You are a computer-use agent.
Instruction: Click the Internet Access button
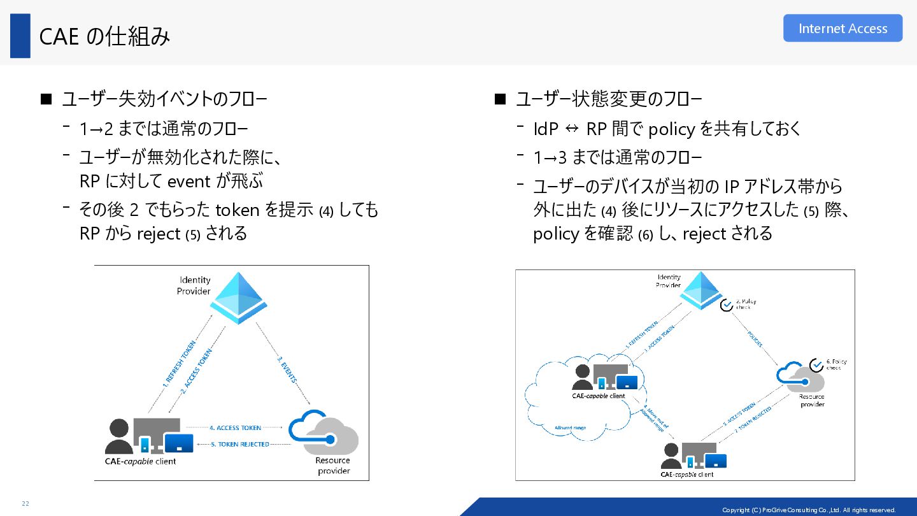tap(842, 29)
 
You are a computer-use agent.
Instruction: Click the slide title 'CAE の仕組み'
tap(105, 37)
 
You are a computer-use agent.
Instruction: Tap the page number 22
tap(25, 504)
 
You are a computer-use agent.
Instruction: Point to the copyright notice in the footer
tap(808, 510)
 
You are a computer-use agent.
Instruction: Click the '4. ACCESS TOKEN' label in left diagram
tap(235, 428)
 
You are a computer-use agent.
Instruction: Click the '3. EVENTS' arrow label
tap(287, 369)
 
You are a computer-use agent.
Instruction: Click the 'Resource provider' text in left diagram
tap(333, 466)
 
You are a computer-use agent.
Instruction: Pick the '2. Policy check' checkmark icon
tap(727, 305)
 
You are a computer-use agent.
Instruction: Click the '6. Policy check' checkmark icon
tap(816, 365)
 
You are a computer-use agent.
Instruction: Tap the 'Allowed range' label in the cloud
tap(570, 428)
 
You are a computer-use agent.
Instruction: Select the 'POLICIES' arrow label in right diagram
tap(755, 340)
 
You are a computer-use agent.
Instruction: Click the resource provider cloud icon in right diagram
tap(802, 378)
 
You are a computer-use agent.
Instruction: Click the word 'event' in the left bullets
tap(188, 182)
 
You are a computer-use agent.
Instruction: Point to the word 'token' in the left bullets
tap(238, 210)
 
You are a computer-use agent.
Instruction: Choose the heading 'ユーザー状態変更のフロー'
tap(609, 99)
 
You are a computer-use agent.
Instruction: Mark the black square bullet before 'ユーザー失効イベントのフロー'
tap(45, 99)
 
